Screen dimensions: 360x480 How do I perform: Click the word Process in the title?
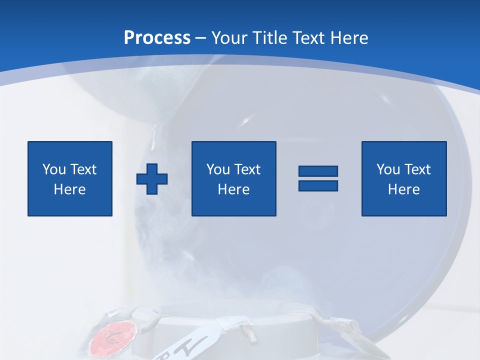pos(157,38)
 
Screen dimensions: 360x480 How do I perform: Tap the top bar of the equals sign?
pos(318,171)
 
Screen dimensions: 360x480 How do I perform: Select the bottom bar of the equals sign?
pos(318,185)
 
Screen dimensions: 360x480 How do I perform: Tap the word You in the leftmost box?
pos(54,169)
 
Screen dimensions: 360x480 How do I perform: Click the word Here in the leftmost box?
pos(69,189)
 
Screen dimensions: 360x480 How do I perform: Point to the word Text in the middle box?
pos(247,169)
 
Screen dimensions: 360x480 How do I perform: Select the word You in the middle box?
pos(218,169)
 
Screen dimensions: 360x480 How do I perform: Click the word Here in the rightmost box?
pos(403,189)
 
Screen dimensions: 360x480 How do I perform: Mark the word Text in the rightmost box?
pos(417,169)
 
